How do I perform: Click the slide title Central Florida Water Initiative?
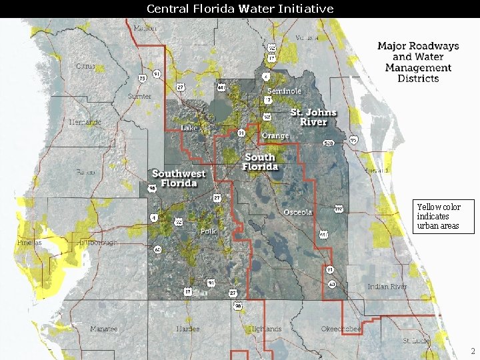[240, 9]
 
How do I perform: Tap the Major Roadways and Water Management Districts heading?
[418, 62]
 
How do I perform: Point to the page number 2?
[472, 351]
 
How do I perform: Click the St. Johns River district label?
[313, 117]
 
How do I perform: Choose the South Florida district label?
[260, 162]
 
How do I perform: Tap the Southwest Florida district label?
[179, 178]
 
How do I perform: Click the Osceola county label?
[297, 213]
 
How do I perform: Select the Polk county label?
[208, 231]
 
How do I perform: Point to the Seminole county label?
[284, 91]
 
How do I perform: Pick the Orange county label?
[275, 136]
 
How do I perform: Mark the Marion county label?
[145, 29]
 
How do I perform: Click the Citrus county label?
[85, 67]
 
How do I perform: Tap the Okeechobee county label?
[341, 329]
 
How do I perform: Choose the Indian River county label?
[387, 287]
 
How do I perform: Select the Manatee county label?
[104, 329]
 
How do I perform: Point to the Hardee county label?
[188, 329]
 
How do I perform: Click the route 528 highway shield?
[329, 143]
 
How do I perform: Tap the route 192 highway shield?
[338, 209]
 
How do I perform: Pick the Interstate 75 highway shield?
[142, 79]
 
